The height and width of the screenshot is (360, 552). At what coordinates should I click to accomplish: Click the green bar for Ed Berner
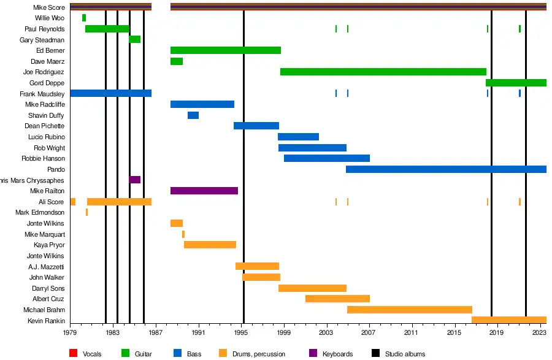click(x=225, y=50)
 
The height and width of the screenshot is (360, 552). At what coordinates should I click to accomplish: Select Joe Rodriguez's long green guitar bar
click(x=383, y=72)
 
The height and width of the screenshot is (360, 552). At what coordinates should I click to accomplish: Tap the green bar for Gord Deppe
click(x=516, y=83)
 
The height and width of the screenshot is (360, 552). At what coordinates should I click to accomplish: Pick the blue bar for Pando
click(x=446, y=169)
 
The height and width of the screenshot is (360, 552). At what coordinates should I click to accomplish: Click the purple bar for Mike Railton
click(x=204, y=191)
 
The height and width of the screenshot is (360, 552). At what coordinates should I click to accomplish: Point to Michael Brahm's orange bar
click(x=409, y=310)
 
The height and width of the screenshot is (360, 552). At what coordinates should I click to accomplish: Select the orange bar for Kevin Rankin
click(x=508, y=320)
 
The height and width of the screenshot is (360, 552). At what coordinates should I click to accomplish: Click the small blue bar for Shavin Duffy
click(x=193, y=115)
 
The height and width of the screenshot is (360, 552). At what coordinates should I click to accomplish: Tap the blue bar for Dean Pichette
click(x=256, y=126)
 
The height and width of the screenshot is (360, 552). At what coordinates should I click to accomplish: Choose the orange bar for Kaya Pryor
click(x=210, y=245)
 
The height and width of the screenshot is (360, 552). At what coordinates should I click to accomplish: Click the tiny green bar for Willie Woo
click(x=83, y=18)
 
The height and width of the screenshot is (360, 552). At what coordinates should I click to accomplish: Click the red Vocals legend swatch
click(x=74, y=353)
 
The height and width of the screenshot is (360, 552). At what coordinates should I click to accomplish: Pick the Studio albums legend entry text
click(x=405, y=354)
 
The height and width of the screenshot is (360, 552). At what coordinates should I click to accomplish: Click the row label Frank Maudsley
click(x=42, y=94)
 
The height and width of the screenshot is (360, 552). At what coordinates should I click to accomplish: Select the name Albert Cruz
click(x=48, y=299)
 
